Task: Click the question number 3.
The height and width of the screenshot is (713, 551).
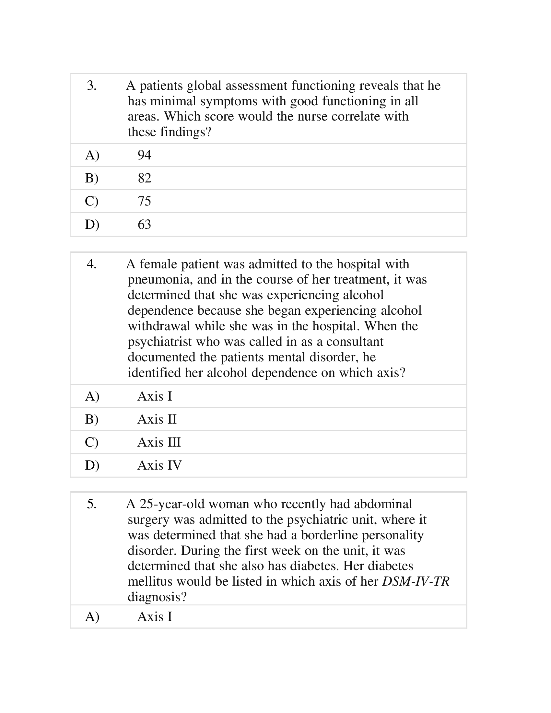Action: (91, 86)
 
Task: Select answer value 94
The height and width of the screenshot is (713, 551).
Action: (144, 155)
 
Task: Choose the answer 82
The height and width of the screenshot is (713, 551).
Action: (144, 178)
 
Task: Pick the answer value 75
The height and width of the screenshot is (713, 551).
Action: (144, 201)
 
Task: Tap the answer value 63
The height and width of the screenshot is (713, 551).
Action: (144, 225)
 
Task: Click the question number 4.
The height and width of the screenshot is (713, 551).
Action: (91, 264)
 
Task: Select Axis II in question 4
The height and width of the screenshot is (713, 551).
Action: (157, 419)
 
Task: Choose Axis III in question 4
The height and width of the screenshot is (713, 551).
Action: (159, 442)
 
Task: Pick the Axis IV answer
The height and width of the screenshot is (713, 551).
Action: (159, 465)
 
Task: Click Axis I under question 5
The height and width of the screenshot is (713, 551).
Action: (155, 617)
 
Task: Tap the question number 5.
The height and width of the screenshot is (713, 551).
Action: (91, 504)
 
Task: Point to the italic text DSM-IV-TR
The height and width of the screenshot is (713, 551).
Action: (416, 581)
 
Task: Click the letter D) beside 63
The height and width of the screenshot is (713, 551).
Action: (92, 225)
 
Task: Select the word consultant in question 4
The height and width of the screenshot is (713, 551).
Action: (355, 342)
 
